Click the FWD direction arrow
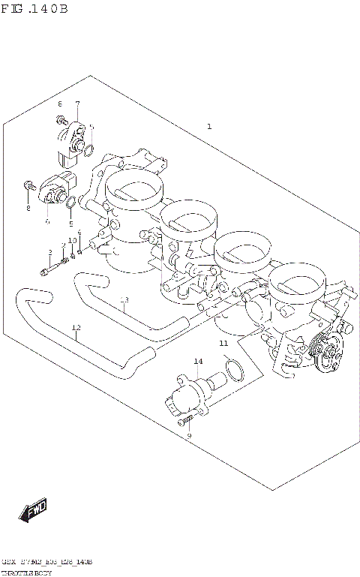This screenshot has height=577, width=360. click(34, 512)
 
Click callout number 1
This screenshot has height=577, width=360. click(209, 127)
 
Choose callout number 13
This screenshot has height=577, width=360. click(124, 300)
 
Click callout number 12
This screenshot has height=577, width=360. click(76, 328)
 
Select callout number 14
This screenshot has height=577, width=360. click(198, 362)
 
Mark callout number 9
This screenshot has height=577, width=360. click(189, 435)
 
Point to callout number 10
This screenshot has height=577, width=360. click(72, 240)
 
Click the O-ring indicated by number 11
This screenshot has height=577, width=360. click(235, 371)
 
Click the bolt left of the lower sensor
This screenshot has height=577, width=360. click(28, 185)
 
